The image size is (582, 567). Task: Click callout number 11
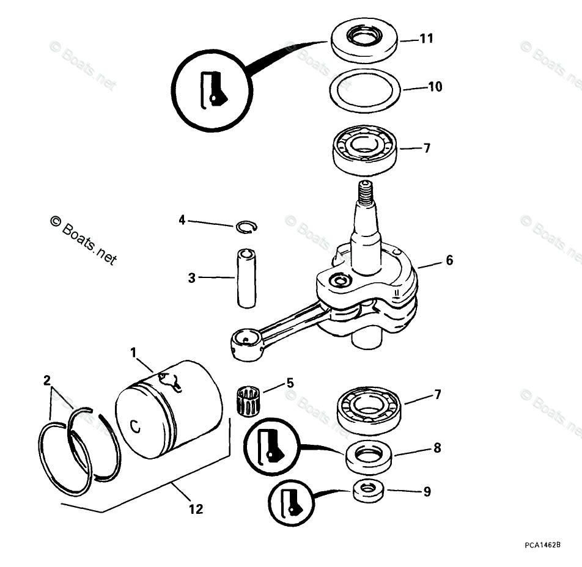[426, 38]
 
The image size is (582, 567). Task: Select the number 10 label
[435, 87]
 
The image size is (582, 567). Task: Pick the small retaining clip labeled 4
[246, 227]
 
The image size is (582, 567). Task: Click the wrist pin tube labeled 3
[246, 278]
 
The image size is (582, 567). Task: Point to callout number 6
[449, 260]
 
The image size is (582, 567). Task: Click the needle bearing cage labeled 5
[248, 401]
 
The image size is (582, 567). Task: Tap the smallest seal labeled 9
[369, 490]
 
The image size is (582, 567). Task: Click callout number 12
[196, 508]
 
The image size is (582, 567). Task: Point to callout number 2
[46, 381]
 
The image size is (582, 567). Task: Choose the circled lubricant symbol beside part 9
[290, 502]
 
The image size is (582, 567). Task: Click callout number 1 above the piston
[133, 353]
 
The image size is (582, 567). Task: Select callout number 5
[290, 383]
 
